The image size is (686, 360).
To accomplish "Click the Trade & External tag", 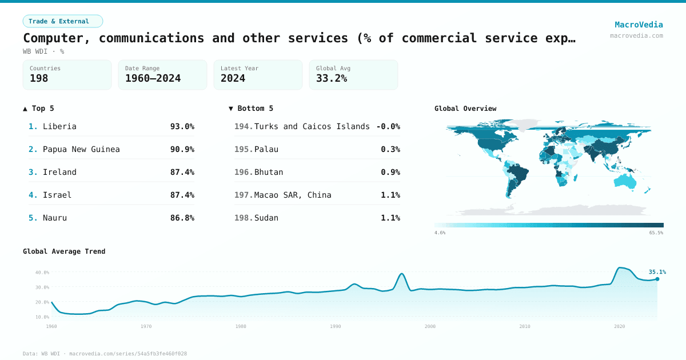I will click(62, 21).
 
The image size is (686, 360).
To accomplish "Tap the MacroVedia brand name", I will click(639, 25).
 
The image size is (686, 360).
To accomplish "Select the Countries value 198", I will click(39, 78).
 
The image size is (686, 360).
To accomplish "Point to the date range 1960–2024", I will click(153, 78).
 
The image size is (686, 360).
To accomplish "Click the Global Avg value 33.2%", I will click(332, 78).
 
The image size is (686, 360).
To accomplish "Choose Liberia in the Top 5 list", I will click(59, 126).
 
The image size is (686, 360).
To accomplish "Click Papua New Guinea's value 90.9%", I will click(182, 149).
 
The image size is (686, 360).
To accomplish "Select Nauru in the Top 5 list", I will click(55, 218).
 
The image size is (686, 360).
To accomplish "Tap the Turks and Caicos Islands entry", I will click(312, 126).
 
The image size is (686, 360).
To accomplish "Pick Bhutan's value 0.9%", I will click(390, 172).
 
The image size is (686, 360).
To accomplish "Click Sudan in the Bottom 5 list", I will click(266, 218).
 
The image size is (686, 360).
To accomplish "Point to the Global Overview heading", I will click(465, 109).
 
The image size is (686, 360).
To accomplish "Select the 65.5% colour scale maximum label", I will click(656, 233).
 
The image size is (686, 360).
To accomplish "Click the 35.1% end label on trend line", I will click(657, 272).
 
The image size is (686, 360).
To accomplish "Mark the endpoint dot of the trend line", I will click(657, 279).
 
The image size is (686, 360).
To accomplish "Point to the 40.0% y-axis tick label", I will click(42, 273).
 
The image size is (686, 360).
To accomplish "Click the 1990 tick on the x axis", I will click(336, 326).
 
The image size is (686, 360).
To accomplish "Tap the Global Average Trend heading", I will click(64, 251).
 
